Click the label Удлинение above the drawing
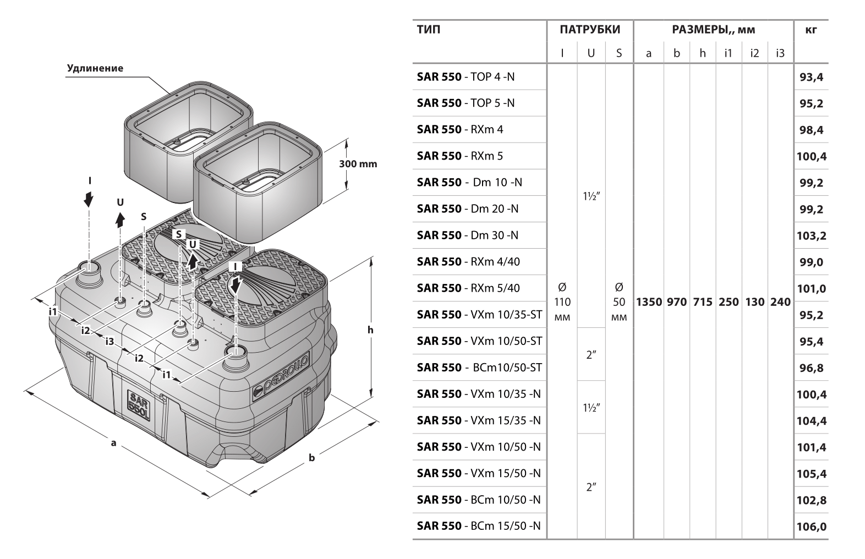(x=95, y=69)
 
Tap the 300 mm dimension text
(x=358, y=164)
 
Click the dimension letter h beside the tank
(x=370, y=330)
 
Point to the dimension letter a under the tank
(x=113, y=442)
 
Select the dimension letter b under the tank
(x=311, y=457)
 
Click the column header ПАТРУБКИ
(x=590, y=30)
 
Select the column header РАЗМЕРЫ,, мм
(x=713, y=30)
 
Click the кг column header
(x=811, y=30)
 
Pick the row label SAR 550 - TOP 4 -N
(x=466, y=77)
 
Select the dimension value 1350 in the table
(x=649, y=302)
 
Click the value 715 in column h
(x=703, y=302)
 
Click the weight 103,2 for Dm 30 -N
(x=811, y=236)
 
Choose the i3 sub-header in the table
(x=780, y=53)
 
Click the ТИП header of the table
(x=429, y=30)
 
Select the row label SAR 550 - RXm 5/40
(x=468, y=288)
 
